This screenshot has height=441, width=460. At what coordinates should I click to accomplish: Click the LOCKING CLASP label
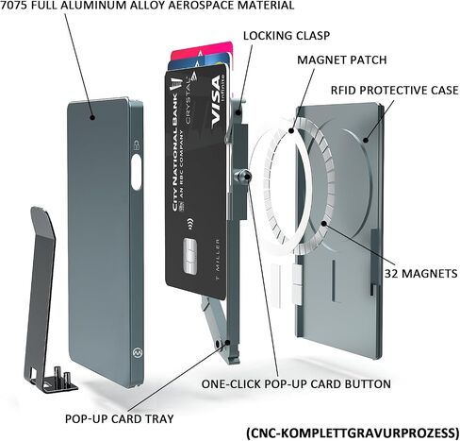tap(287, 36)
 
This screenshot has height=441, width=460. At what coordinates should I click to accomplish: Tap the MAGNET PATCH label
tap(342, 59)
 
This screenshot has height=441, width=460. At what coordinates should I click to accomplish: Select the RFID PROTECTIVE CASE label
tap(394, 91)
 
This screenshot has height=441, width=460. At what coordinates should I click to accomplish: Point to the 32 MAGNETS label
tap(421, 273)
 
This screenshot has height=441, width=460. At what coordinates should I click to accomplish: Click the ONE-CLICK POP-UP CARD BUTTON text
tap(296, 384)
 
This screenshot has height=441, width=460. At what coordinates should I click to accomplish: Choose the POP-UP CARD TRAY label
tap(120, 418)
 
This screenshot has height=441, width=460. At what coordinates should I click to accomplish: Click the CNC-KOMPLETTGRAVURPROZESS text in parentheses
tap(353, 433)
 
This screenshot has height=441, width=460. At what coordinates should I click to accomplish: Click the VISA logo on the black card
tap(216, 102)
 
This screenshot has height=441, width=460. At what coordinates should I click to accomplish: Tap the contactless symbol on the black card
tap(189, 224)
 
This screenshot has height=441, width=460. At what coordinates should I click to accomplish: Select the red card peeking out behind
tap(202, 50)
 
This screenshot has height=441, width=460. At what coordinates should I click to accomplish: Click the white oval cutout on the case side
tap(137, 172)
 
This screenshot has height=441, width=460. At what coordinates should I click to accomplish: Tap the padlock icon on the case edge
tap(137, 145)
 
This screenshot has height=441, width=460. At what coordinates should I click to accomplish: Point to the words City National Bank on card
tap(175, 153)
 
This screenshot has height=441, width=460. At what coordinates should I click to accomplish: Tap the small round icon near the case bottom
tap(137, 352)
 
